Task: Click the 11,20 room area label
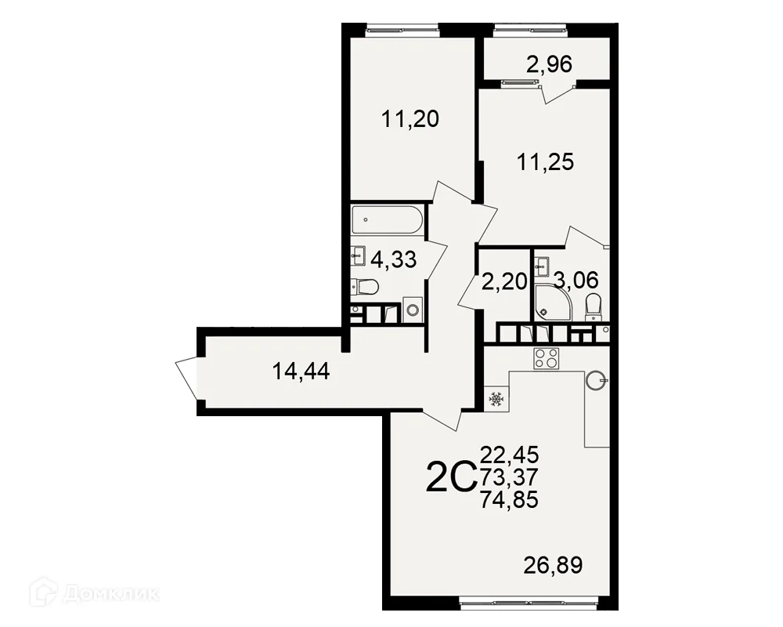click(x=410, y=119)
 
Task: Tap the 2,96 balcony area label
click(x=550, y=64)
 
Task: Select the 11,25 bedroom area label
click(x=545, y=162)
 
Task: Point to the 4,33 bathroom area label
click(x=394, y=259)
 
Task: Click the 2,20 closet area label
click(x=504, y=282)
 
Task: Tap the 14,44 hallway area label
click(x=301, y=371)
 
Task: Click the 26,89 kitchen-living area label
click(x=554, y=566)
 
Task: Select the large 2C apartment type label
click(x=449, y=477)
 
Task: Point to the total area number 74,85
click(x=510, y=499)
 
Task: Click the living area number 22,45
click(x=510, y=455)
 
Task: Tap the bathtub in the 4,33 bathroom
click(x=388, y=219)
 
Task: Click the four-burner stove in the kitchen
click(x=547, y=358)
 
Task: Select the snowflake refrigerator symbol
click(x=496, y=399)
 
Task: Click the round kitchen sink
click(x=597, y=380)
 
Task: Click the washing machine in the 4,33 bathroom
click(x=413, y=310)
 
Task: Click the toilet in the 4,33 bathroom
click(x=365, y=287)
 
